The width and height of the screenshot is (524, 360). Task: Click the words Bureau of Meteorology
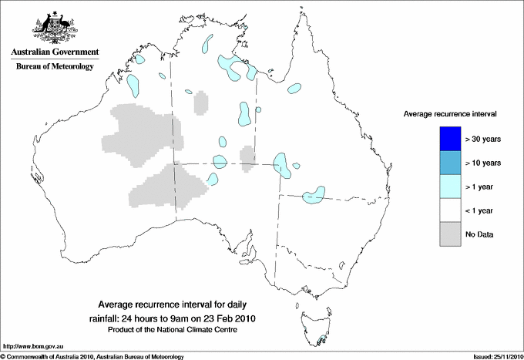54,67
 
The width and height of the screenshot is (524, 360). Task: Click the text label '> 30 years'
483,140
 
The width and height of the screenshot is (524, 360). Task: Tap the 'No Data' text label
479,234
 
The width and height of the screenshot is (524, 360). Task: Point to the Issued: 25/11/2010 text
493,356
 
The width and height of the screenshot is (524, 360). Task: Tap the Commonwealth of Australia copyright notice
92,356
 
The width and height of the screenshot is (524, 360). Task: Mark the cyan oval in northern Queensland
294,89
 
